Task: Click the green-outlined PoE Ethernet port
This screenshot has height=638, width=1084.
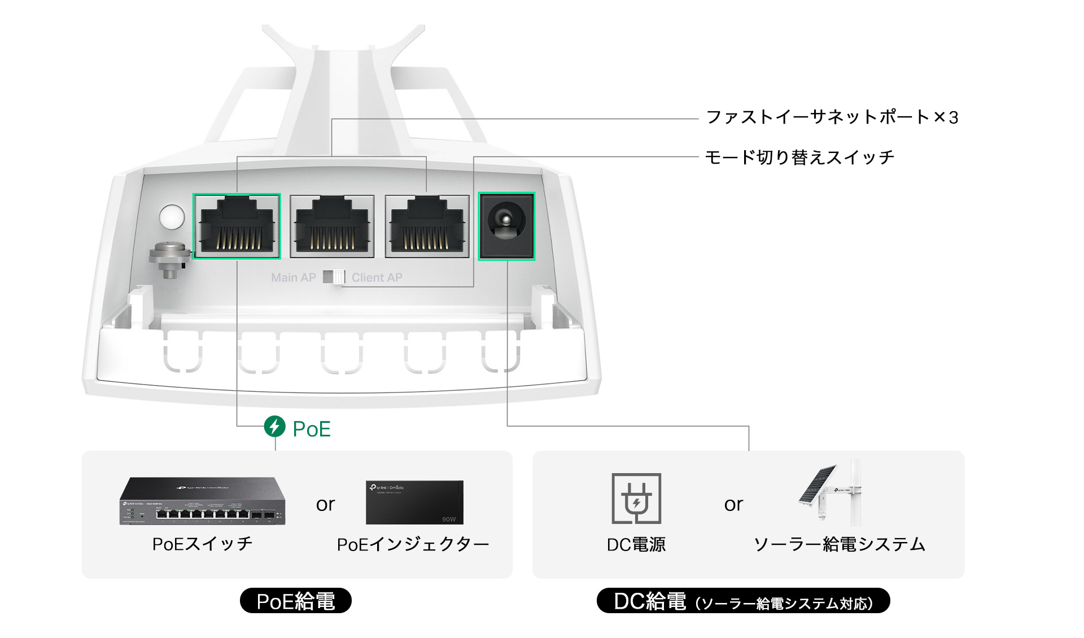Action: coord(237,226)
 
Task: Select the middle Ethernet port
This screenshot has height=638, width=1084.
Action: coord(332,226)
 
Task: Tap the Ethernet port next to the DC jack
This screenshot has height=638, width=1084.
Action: coord(427,226)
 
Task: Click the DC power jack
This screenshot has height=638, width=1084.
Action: coord(506,226)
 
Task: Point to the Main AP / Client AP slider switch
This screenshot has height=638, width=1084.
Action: coord(334,277)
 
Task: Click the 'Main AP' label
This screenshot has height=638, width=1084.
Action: coord(293,278)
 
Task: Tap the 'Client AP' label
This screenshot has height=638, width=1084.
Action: coord(377,278)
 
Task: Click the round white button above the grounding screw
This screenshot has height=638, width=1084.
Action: coord(172,217)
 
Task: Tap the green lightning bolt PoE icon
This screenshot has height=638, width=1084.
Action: coord(275,426)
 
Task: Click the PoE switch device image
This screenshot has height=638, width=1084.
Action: coord(202,501)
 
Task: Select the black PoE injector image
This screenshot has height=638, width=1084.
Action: coord(414,502)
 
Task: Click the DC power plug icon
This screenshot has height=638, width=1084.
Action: coord(636,499)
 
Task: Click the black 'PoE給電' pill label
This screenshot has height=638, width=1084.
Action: coord(295,601)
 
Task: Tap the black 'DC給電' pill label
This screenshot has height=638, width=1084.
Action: coord(743,601)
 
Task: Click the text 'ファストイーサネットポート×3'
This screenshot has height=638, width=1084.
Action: coord(832,117)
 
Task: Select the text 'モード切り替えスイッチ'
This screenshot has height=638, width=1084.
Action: coord(799,157)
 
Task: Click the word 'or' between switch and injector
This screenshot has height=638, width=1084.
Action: coord(325,504)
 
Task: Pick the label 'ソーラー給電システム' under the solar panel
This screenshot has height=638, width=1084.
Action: coord(840,544)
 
